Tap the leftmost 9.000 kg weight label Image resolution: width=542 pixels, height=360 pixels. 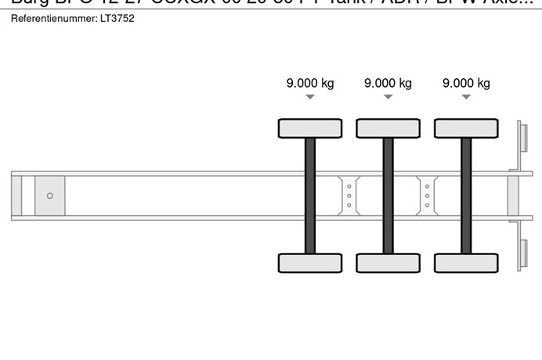310,83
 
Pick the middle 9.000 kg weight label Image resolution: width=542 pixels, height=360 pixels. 388,83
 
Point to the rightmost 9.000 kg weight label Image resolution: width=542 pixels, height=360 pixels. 466,83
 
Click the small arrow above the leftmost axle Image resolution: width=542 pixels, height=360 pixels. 310,97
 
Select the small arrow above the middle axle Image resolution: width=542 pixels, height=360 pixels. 388,97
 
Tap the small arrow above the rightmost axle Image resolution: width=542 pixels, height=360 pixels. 466,97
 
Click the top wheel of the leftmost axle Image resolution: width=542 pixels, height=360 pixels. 310,128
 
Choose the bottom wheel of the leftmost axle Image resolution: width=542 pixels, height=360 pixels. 310,263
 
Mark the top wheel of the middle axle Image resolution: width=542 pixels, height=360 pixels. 388,128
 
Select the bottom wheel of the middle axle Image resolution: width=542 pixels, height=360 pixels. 388,263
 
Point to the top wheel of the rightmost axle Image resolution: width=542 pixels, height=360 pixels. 466,128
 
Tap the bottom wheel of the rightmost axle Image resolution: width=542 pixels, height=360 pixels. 466,263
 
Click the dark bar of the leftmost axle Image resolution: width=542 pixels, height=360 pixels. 310,196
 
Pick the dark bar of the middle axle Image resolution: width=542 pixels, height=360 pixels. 388,196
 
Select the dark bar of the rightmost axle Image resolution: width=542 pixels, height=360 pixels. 466,196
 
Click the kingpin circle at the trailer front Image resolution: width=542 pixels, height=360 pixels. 50,196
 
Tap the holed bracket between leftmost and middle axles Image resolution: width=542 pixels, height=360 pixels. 349,196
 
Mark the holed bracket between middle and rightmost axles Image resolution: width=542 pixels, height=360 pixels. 427,196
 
